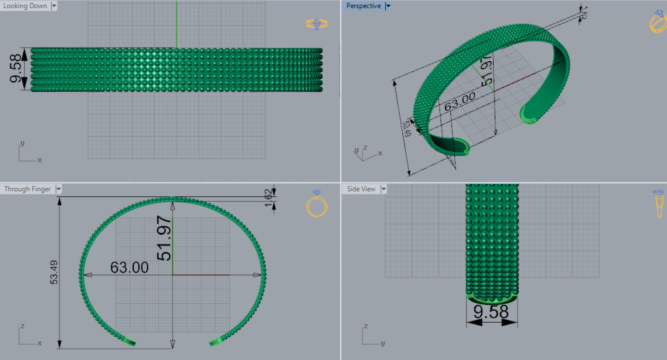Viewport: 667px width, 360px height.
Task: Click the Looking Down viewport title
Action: point(25,6)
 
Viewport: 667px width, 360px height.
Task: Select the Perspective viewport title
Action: point(363,6)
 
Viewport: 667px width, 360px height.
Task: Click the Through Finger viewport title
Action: point(27,189)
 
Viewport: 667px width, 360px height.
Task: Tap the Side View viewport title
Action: point(361,189)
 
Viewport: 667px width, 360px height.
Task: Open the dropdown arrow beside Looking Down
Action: point(54,6)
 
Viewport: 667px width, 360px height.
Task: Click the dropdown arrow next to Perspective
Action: point(388,6)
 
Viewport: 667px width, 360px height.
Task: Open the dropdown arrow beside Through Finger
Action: point(58,189)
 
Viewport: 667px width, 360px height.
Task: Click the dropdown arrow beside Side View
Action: point(383,189)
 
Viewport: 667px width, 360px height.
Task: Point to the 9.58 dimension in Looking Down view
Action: point(16,69)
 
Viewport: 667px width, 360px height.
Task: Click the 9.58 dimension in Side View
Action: point(491,312)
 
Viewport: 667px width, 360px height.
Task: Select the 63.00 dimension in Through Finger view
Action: point(130,267)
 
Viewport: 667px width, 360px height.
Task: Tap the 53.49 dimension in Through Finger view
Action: point(54,273)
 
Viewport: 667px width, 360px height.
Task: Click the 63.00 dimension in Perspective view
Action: point(460,101)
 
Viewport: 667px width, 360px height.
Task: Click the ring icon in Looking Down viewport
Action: point(317,24)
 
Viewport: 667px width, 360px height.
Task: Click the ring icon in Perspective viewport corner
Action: point(658,22)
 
